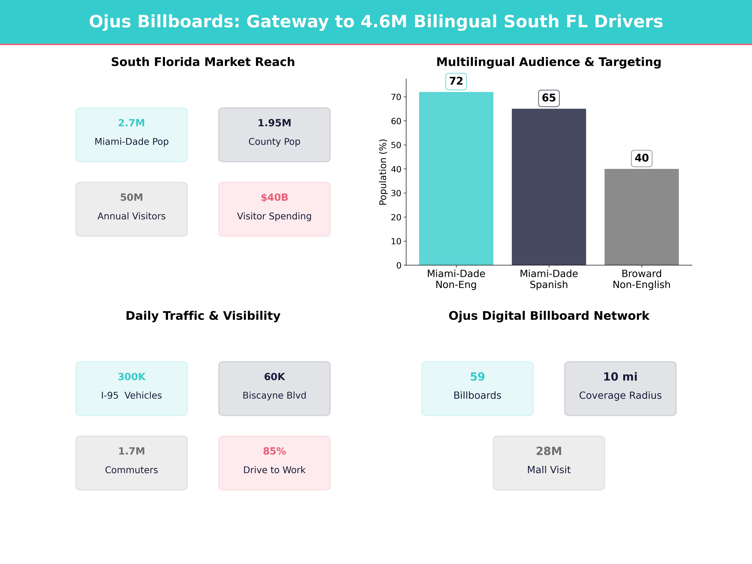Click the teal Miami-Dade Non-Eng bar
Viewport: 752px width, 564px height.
[x=456, y=178]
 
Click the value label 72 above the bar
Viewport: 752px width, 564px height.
[x=456, y=81]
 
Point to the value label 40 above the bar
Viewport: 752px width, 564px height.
[x=642, y=158]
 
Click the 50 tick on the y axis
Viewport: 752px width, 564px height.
[x=396, y=145]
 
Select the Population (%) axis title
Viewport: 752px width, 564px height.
[x=383, y=172]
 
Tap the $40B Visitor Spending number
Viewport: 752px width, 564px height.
[x=274, y=198]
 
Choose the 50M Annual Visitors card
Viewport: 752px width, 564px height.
[x=132, y=209]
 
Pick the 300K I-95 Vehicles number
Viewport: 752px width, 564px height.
[x=132, y=377]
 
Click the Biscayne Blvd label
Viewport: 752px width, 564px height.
[x=274, y=395]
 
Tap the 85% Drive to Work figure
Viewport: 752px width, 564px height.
[x=274, y=451]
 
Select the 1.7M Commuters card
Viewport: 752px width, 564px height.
[x=132, y=463]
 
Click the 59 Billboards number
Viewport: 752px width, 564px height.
[x=477, y=377]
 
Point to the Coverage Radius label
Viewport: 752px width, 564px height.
[x=620, y=395]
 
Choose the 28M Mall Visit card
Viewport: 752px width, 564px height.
[x=549, y=463]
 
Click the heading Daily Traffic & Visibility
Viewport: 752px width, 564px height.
[x=203, y=316]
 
